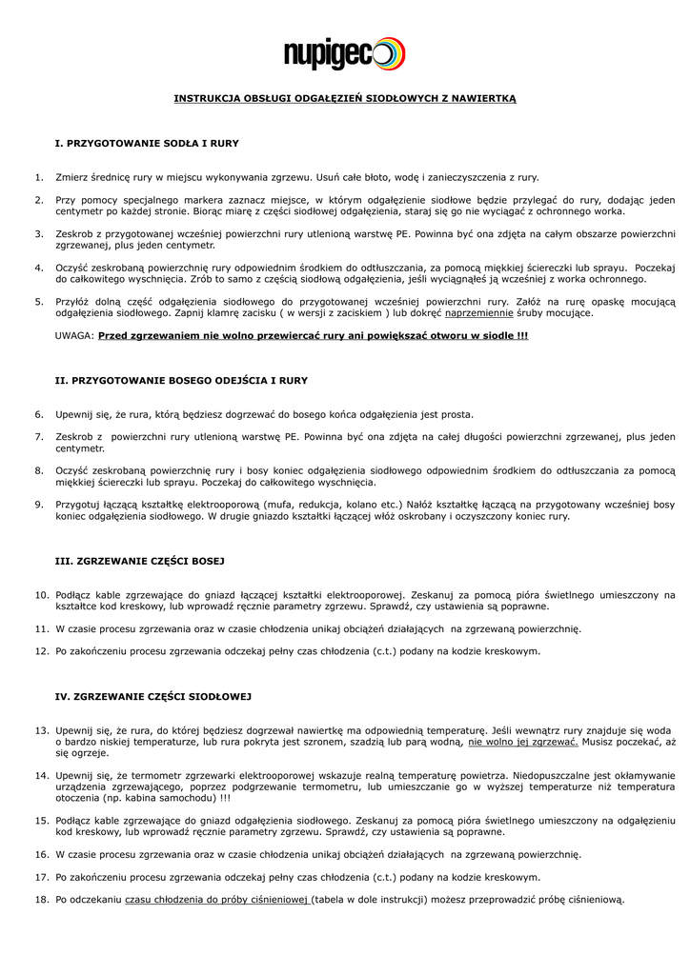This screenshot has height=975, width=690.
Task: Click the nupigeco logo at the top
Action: [344, 54]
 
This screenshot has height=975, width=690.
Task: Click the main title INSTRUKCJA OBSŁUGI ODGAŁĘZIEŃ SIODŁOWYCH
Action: [344, 99]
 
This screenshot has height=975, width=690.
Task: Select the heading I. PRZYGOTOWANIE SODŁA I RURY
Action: [147, 143]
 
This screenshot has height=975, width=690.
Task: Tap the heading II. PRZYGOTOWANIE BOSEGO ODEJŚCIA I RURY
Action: [181, 380]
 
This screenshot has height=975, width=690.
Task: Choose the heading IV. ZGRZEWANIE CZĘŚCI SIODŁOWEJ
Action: [152, 697]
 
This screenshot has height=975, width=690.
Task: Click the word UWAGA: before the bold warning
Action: [74, 336]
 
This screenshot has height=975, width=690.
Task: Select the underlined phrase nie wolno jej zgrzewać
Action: [523, 741]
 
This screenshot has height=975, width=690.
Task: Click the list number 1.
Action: [39, 177]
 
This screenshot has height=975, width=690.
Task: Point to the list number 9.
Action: [39, 504]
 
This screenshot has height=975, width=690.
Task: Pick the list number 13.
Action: [41, 730]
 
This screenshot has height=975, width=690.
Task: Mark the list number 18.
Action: [41, 899]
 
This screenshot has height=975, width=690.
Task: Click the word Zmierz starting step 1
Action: [72, 177]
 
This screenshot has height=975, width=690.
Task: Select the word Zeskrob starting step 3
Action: [75, 233]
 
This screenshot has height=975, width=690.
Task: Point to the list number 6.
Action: [39, 414]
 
